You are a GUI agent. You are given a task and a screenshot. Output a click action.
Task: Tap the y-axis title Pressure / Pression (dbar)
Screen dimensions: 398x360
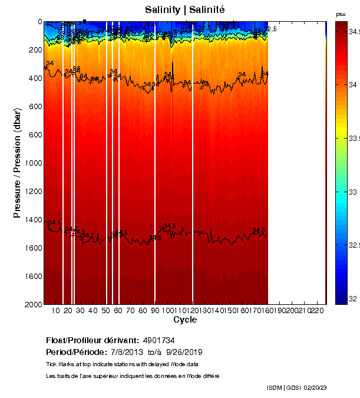[17, 163]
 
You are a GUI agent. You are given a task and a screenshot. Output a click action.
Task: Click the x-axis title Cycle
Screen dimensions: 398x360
[185, 320]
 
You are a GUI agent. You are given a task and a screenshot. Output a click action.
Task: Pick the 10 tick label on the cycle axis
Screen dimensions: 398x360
[57, 311]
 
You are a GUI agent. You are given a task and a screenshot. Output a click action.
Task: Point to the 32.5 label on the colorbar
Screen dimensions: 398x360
[355, 245]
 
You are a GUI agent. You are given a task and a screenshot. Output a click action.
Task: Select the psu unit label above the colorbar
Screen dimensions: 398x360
[341, 14]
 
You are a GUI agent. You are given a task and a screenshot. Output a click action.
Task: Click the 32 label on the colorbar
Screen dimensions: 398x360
[354, 299]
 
